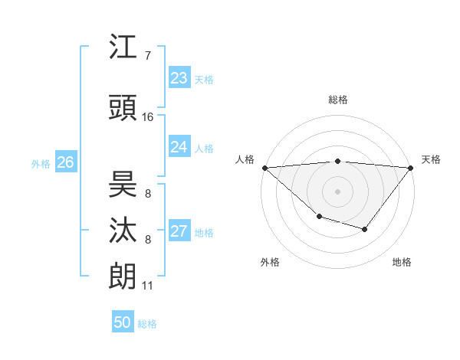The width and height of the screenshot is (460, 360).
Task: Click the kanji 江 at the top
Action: (123, 47)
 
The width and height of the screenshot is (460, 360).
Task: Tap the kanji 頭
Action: (123, 108)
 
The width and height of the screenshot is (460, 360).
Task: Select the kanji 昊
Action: (123, 184)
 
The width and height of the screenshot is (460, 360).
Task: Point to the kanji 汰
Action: (123, 231)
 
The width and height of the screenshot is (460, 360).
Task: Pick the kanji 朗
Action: (123, 277)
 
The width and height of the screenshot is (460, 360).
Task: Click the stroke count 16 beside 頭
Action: (148, 117)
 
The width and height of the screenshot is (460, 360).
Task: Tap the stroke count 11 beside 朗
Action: (148, 286)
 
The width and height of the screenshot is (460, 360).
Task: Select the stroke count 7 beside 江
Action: (148, 56)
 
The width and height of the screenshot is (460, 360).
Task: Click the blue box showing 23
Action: (179, 78)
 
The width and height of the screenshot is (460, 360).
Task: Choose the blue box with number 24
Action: (179, 147)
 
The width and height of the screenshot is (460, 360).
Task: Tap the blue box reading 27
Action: (179, 231)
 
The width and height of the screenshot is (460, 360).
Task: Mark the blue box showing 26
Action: (65, 162)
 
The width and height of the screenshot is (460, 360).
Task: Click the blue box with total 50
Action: (123, 322)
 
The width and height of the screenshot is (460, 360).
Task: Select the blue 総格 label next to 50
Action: (147, 324)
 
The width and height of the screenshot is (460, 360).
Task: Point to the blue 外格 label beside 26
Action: (41, 164)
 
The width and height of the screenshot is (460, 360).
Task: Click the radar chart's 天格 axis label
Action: (431, 159)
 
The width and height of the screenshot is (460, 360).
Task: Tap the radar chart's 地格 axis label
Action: (402, 262)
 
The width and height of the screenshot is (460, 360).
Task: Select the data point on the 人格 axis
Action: (264, 168)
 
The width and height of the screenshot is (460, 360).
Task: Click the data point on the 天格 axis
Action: (411, 168)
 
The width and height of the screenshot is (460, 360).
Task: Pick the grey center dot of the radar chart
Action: (337, 191)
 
